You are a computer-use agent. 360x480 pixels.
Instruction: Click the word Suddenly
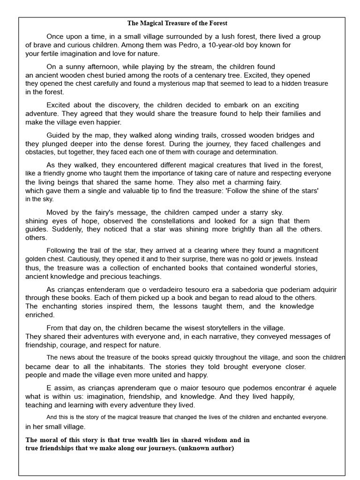click(x=66, y=229)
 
